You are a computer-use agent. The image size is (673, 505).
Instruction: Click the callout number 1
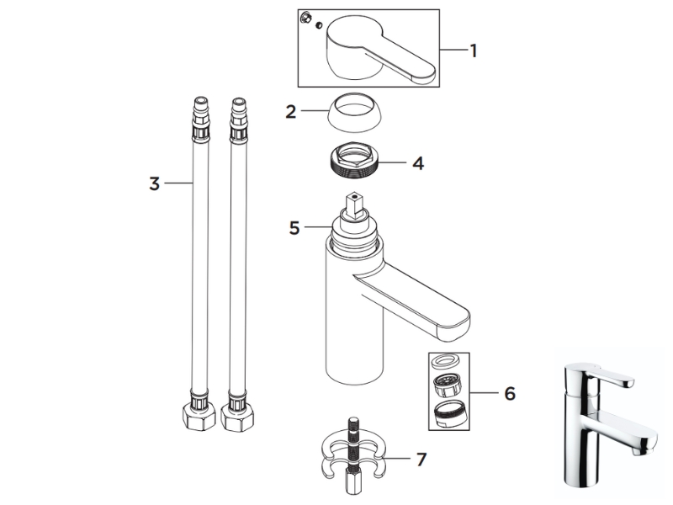point(474,50)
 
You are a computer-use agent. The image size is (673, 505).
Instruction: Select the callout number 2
point(291,112)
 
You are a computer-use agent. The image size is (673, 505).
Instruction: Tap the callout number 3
point(155,183)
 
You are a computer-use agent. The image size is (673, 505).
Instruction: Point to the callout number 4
point(418,163)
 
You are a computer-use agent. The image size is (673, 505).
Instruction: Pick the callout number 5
point(294,228)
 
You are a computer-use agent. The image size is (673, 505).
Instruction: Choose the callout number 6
point(510,393)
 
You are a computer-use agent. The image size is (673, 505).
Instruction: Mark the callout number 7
point(421,460)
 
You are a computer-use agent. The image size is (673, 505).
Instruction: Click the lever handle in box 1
point(381,48)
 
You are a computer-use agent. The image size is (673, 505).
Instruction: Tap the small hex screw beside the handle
point(306,18)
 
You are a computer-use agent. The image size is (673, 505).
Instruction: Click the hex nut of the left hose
point(199,417)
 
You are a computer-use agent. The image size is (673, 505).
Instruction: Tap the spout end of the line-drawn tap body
point(454,327)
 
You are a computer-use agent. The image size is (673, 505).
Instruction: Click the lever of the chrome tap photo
point(609,376)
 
